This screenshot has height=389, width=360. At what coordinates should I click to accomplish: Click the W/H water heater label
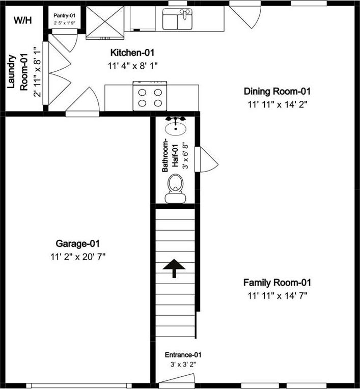(x=22, y=20)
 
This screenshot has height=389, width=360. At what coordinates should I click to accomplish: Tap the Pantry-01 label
(x=64, y=16)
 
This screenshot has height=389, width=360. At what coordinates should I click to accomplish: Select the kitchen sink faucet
(x=185, y=14)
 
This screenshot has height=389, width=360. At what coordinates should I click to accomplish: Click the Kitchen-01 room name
(x=132, y=52)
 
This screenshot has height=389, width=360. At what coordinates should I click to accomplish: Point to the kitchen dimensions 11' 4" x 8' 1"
(x=133, y=66)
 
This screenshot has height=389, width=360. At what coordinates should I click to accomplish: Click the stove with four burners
(x=150, y=96)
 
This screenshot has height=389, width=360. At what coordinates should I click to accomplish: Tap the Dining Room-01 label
(x=277, y=91)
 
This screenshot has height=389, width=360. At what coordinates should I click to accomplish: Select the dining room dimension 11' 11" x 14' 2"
(x=278, y=104)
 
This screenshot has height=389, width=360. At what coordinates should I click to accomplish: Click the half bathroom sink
(x=176, y=126)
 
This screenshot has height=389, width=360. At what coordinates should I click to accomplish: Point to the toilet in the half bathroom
(x=175, y=188)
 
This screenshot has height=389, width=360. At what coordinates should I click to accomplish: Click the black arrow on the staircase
(x=174, y=268)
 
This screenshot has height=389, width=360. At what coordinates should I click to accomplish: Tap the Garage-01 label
(x=78, y=243)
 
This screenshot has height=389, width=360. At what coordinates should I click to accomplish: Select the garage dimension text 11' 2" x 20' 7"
(x=78, y=257)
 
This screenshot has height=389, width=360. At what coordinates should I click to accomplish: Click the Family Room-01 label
(x=277, y=283)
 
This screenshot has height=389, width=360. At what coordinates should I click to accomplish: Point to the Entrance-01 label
(x=183, y=355)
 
